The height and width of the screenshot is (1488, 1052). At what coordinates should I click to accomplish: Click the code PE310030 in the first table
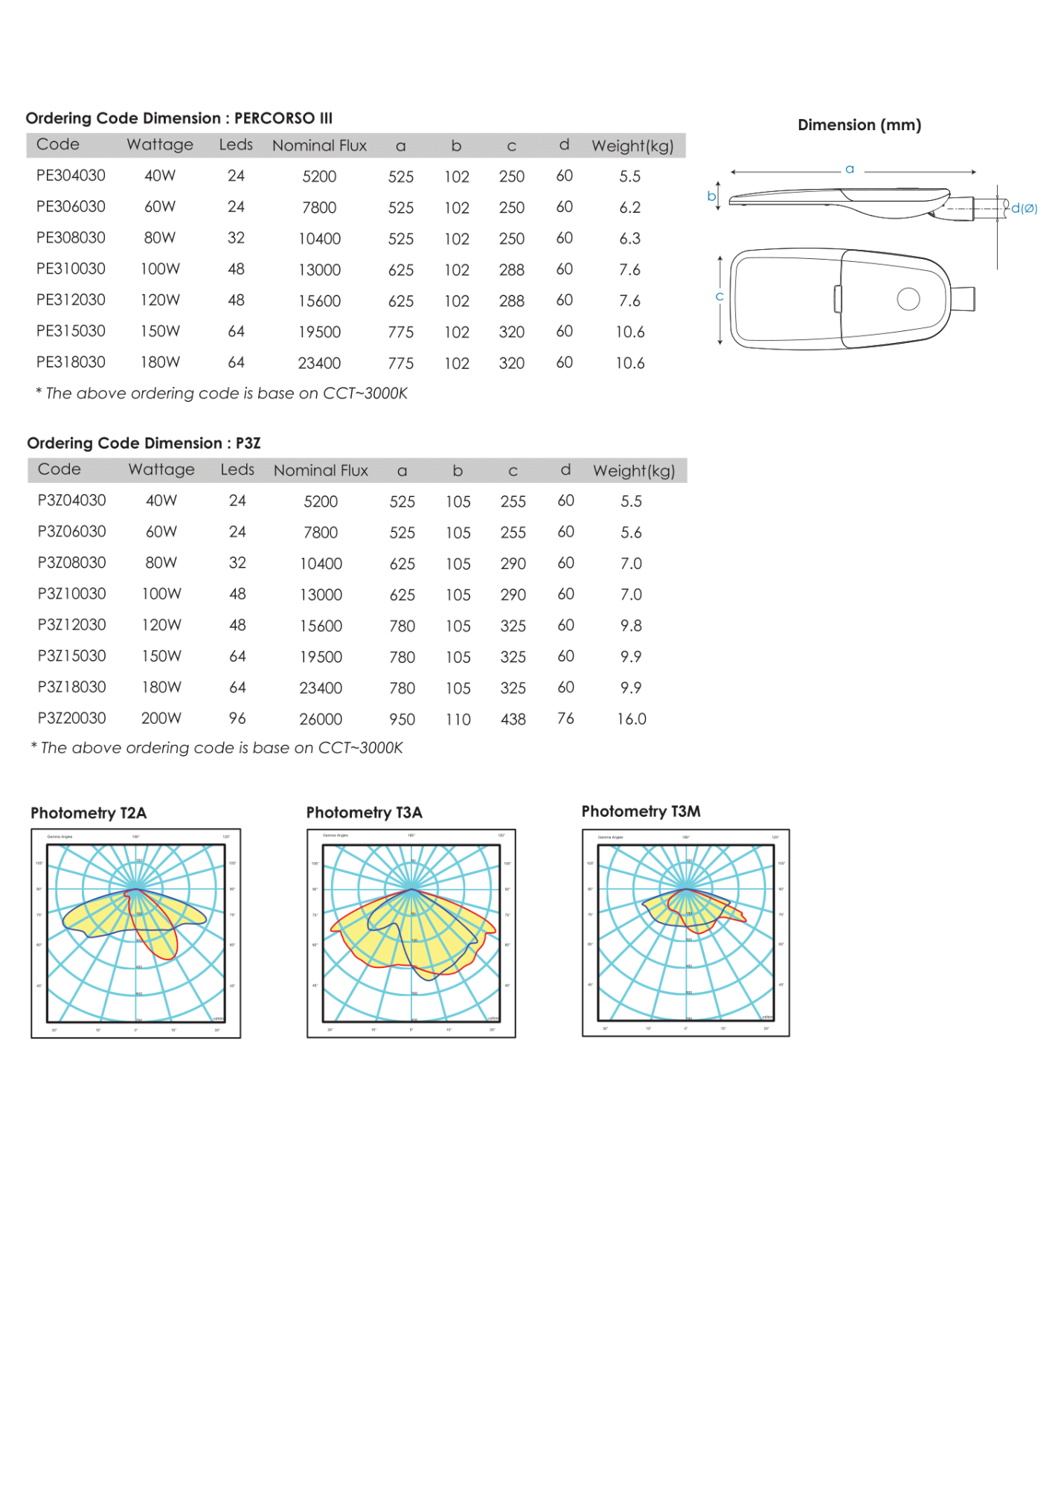pyautogui.click(x=71, y=269)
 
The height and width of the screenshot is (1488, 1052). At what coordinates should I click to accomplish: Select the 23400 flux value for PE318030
pyautogui.click(x=319, y=363)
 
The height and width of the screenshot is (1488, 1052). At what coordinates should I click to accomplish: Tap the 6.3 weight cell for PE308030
pyautogui.click(x=629, y=238)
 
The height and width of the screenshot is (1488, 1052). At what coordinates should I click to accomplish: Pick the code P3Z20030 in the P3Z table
pyautogui.click(x=71, y=718)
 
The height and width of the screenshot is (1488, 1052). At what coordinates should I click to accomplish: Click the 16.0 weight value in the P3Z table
pyautogui.click(x=631, y=719)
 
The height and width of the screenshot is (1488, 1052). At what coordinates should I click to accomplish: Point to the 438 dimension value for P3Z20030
pyautogui.click(x=513, y=719)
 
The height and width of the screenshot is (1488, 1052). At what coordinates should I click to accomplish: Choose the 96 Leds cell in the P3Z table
pyautogui.click(x=237, y=718)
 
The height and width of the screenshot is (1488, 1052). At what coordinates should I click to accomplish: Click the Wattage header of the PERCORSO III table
pyautogui.click(x=160, y=144)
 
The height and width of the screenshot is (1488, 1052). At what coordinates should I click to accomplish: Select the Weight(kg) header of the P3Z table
pyautogui.click(x=633, y=470)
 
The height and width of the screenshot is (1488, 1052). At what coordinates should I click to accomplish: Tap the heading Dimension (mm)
pyautogui.click(x=859, y=125)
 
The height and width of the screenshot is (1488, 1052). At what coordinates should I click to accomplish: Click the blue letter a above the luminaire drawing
pyautogui.click(x=850, y=170)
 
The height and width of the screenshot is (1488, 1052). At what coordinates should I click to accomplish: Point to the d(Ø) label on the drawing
pyautogui.click(x=1024, y=208)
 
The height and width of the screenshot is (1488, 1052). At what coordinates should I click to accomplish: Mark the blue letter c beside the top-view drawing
pyautogui.click(x=719, y=296)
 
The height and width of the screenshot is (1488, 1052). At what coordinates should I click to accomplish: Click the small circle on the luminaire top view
pyautogui.click(x=908, y=298)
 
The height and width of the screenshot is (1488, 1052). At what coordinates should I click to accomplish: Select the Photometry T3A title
pyautogui.click(x=364, y=812)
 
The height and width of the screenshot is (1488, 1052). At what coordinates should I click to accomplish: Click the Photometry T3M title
pyautogui.click(x=641, y=812)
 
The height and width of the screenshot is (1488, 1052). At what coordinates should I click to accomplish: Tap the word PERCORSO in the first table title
pyautogui.click(x=275, y=118)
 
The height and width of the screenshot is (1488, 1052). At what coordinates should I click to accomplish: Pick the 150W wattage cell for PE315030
pyautogui.click(x=160, y=331)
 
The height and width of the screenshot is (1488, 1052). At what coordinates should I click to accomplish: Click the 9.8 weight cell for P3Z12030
pyautogui.click(x=631, y=626)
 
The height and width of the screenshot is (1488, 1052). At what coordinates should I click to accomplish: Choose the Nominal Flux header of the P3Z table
pyautogui.click(x=321, y=470)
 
